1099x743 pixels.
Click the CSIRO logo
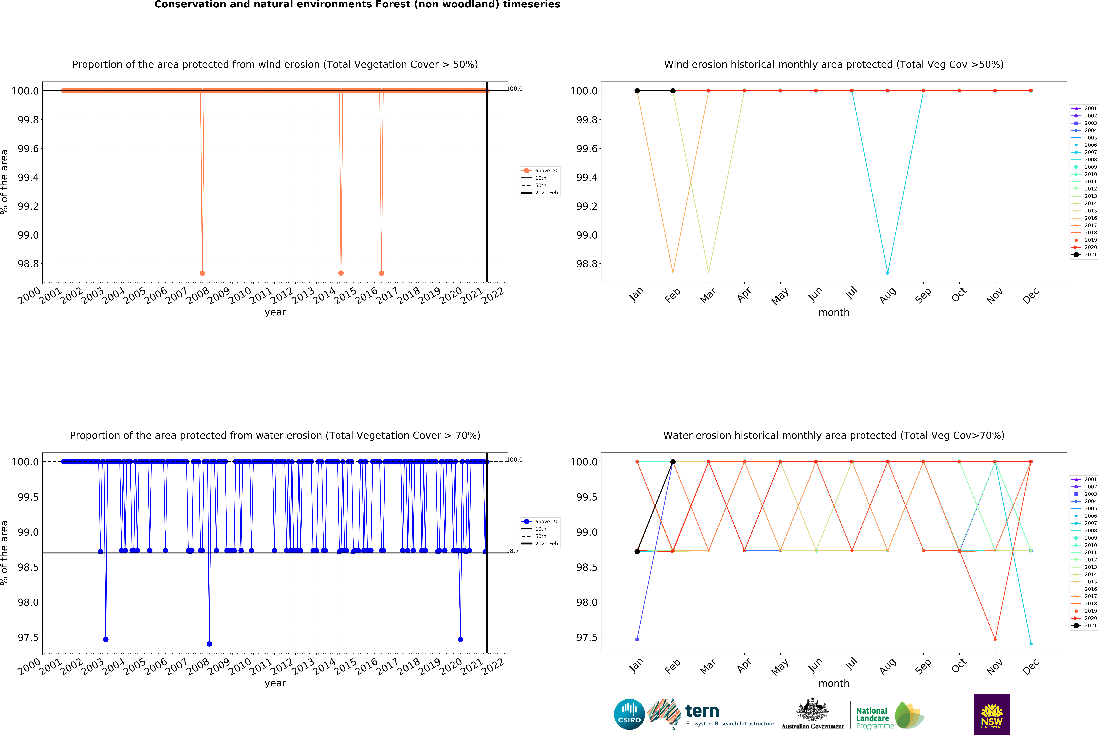629,714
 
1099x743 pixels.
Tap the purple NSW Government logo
992,714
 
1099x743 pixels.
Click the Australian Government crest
812,709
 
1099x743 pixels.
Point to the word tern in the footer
702,711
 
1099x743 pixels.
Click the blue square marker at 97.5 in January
637,639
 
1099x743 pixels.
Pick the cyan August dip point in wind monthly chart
888,273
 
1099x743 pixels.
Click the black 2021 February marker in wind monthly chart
673,91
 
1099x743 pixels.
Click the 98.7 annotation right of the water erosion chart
513,551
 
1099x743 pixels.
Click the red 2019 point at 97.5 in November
995,639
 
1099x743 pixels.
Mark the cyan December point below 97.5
1031,644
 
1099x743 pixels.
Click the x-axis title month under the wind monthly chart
834,313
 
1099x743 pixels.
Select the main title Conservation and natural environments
357,5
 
